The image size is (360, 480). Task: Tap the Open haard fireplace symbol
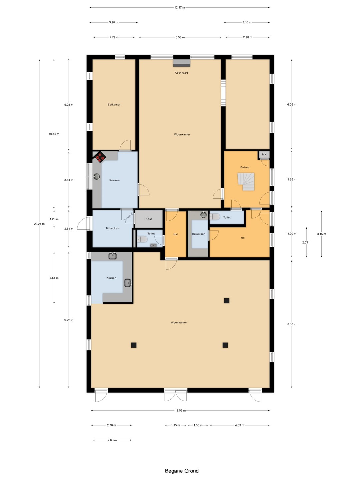click(x=182, y=63)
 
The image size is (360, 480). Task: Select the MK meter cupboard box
click(x=264, y=155)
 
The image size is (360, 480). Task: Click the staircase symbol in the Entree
click(x=246, y=182)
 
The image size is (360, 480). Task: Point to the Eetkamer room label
click(x=114, y=105)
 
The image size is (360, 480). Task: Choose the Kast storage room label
click(x=149, y=219)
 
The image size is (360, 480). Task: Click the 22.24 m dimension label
click(x=39, y=224)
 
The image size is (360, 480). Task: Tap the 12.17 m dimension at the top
click(x=180, y=7)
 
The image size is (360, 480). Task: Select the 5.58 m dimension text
click(x=180, y=37)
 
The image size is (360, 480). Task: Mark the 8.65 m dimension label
click(x=292, y=324)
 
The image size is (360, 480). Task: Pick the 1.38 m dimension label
click(x=198, y=425)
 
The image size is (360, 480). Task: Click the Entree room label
click(x=245, y=167)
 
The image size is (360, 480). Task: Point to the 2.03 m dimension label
click(x=307, y=242)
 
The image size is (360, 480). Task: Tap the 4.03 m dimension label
click(x=240, y=425)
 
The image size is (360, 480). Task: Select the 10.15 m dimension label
click(x=54, y=134)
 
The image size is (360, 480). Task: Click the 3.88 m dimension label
click(x=292, y=179)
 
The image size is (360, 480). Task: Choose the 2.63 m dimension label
click(x=112, y=440)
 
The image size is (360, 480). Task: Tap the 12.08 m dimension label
click(x=180, y=410)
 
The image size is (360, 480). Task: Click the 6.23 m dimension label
click(x=69, y=105)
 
